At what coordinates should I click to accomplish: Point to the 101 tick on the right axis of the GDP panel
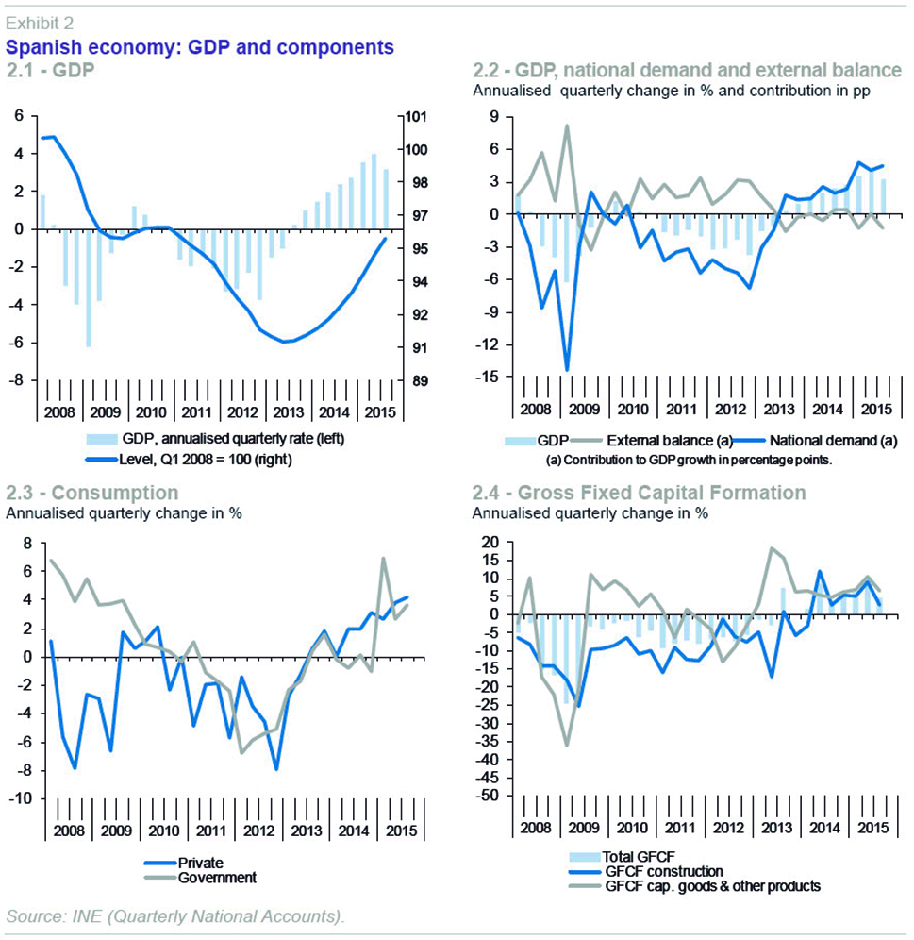416,117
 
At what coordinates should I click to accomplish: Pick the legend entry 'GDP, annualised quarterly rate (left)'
240,441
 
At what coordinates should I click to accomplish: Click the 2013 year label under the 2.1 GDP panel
286,412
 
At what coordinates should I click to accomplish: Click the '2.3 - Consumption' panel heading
92,493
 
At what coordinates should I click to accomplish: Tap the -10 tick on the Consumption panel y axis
20,799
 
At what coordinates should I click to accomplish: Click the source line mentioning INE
175,916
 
